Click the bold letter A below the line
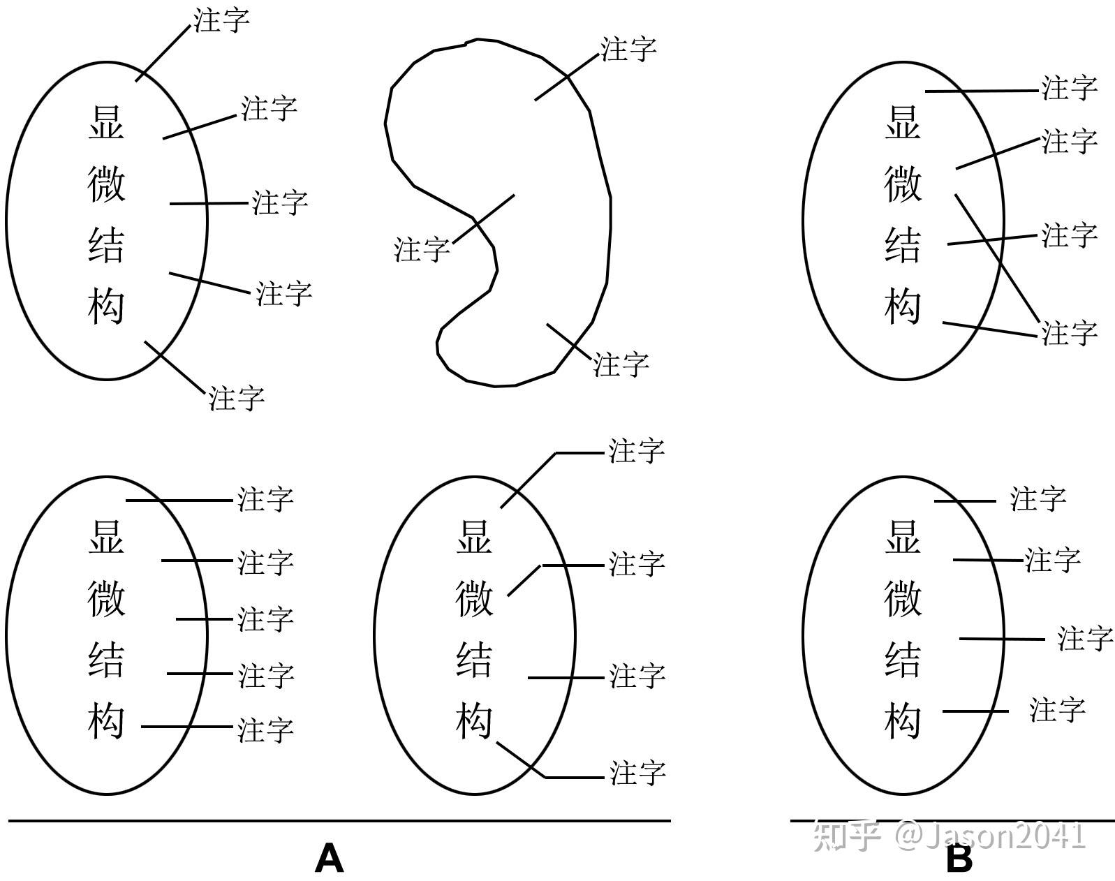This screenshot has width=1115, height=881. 329,858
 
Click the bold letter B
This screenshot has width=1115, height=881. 959,859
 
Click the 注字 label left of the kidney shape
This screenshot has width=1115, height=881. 422,249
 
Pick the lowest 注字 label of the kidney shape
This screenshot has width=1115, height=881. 621,364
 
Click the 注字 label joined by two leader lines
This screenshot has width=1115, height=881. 1069,332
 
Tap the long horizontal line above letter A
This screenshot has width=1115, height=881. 339,821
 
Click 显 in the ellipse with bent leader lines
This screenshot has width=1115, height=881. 474,538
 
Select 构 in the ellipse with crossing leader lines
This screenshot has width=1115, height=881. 903,306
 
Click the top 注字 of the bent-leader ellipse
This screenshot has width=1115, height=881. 636,450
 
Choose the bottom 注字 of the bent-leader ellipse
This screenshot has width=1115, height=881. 637,773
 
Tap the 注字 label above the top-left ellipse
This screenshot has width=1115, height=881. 221,20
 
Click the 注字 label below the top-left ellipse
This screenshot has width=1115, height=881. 237,398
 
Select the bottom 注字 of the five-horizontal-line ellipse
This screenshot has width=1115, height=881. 265,730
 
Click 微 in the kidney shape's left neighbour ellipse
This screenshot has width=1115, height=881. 106,184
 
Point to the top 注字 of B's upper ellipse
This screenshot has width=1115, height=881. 1069,88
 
